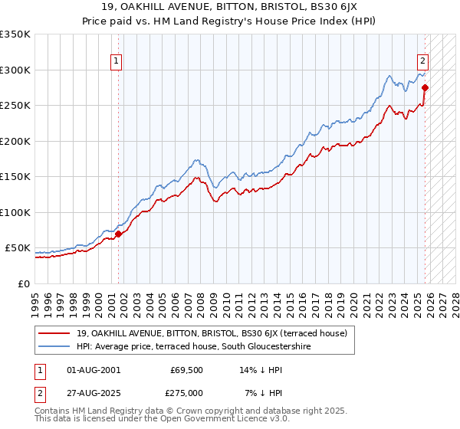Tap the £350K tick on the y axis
pyautogui.click(x=15, y=34)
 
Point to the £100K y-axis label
pyautogui.click(x=15, y=212)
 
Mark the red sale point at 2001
pyautogui.click(x=118, y=234)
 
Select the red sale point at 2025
pyautogui.click(x=425, y=87)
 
